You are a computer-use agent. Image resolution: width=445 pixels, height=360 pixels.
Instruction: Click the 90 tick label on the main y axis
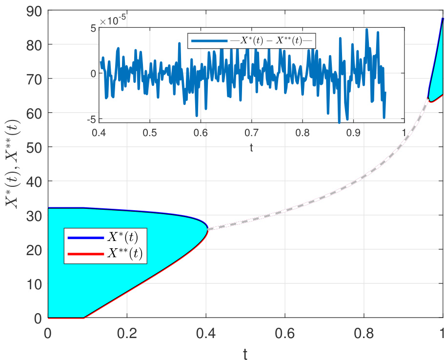coord(35,10)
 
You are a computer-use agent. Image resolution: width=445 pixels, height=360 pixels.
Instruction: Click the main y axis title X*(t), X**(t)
coord(13,164)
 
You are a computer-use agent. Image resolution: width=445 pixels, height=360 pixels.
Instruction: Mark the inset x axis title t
coord(251,146)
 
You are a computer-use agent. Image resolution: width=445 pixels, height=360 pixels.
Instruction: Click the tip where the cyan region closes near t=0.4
coord(207,228)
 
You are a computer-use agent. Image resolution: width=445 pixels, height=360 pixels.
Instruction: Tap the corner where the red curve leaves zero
coord(84,318)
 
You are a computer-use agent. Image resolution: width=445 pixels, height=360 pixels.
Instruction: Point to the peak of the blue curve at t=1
coord(442,19)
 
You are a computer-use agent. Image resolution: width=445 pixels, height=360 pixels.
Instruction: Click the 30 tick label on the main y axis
coord(35,215)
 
